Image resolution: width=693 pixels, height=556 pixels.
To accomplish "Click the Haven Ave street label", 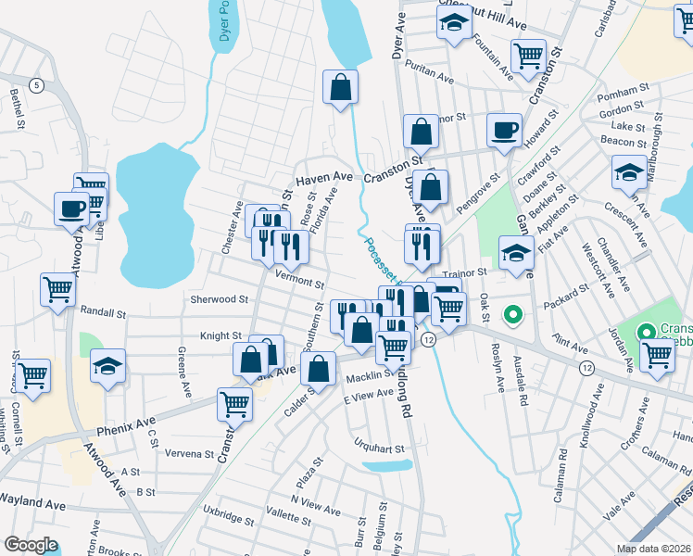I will (324, 176).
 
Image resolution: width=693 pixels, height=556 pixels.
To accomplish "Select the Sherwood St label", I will (220, 299).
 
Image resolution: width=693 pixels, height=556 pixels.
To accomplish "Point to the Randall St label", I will (103, 313).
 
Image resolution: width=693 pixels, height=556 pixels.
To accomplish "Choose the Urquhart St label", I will (380, 449).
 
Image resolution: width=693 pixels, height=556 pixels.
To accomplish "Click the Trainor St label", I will (464, 273).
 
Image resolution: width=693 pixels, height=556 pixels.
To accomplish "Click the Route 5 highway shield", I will (36, 85).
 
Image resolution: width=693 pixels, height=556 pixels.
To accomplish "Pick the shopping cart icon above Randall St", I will (57, 288).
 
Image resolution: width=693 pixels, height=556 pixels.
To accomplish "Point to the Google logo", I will (31, 545).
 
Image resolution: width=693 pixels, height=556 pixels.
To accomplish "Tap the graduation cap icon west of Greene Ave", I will (108, 367).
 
